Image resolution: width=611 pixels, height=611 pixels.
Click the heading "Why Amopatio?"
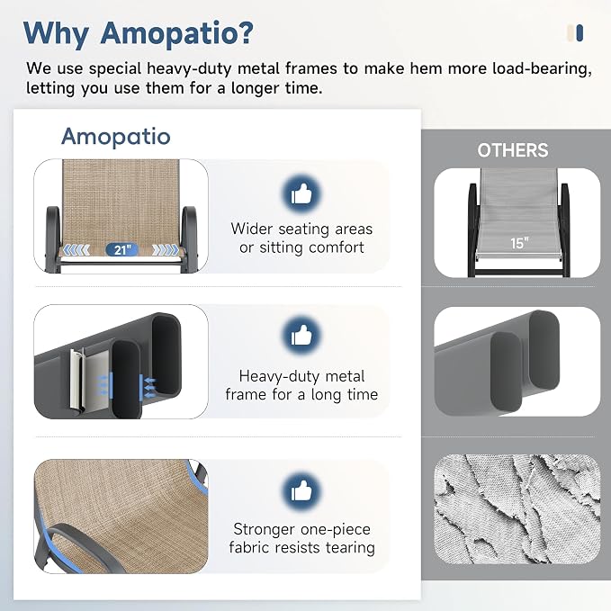tap(139, 33)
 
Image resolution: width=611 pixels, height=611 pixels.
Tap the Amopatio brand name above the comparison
tap(116, 137)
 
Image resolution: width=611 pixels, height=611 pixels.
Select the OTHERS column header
tap(513, 150)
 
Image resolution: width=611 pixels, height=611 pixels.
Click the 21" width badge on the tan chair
tap(122, 249)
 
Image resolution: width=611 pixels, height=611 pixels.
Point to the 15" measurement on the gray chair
tap(519, 243)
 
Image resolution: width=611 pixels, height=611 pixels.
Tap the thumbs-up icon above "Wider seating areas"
tap(301, 193)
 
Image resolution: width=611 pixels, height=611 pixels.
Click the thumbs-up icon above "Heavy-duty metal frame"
tap(301, 336)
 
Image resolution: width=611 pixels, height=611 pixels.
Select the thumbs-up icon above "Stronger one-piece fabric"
tap(301, 490)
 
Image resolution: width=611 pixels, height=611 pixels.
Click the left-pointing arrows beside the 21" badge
tap(76, 250)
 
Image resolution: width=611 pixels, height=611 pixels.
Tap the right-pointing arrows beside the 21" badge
tap(166, 250)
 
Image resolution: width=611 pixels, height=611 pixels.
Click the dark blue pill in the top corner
tap(580, 32)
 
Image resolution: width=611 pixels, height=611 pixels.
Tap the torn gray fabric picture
tap(517, 509)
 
